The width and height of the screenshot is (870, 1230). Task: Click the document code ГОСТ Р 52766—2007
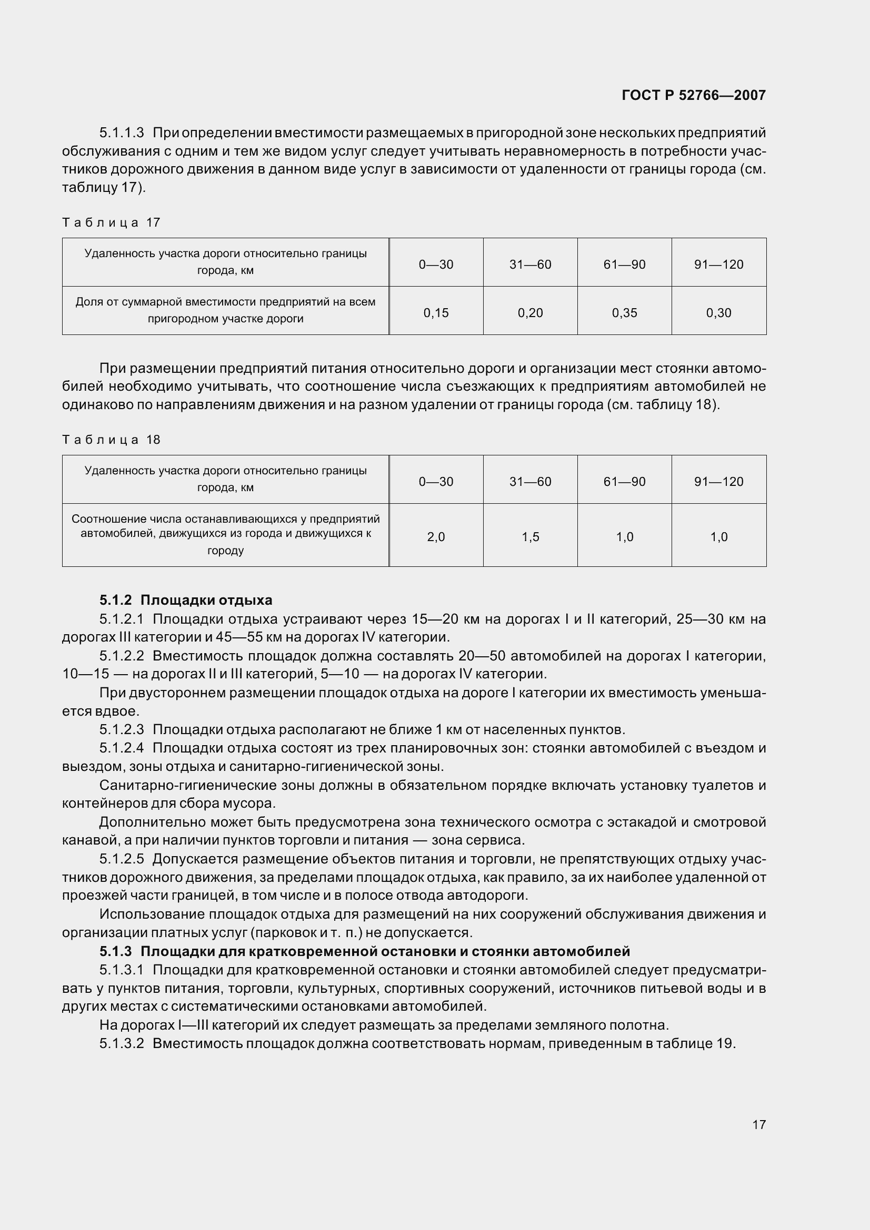point(693,95)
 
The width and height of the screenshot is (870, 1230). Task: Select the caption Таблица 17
point(112,222)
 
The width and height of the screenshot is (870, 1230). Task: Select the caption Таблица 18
point(112,440)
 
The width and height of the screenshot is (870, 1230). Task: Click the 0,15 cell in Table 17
point(436,313)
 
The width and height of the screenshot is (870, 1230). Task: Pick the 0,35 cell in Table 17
point(625,313)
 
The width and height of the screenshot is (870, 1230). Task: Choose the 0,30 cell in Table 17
point(718,313)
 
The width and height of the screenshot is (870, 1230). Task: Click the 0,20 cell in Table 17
point(530,313)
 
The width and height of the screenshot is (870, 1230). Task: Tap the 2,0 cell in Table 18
point(436,537)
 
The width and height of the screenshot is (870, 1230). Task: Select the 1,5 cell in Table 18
point(530,537)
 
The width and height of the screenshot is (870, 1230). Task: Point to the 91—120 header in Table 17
point(718,265)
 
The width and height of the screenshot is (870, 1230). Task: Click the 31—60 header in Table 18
point(530,482)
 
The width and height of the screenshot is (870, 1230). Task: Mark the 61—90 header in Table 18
point(625,482)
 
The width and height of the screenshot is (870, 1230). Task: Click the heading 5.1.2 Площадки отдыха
point(186,600)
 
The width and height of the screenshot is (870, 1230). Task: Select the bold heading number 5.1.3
point(115,951)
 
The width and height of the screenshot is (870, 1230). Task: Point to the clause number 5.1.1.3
point(122,133)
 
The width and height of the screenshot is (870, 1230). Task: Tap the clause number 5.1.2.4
point(122,748)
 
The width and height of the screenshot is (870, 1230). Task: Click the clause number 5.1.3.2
point(122,1043)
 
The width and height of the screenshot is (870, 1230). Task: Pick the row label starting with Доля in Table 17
point(225,310)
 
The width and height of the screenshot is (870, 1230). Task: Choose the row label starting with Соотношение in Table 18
point(225,534)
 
